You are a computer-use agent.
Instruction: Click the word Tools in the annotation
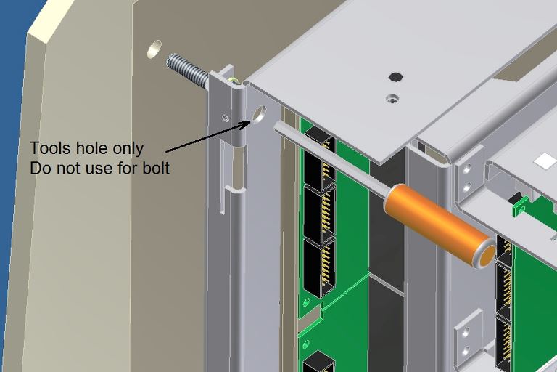click(51, 148)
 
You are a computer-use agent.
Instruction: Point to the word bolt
click(156, 168)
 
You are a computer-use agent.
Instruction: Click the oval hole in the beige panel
click(154, 49)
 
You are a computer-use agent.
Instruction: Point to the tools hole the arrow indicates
click(260, 114)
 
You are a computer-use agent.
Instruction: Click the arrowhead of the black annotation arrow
click(246, 124)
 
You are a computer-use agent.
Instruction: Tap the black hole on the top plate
click(395, 76)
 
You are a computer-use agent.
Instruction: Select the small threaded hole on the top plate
click(392, 98)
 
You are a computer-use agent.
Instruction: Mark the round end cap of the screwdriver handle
click(486, 254)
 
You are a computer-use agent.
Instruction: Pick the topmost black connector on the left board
click(320, 161)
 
